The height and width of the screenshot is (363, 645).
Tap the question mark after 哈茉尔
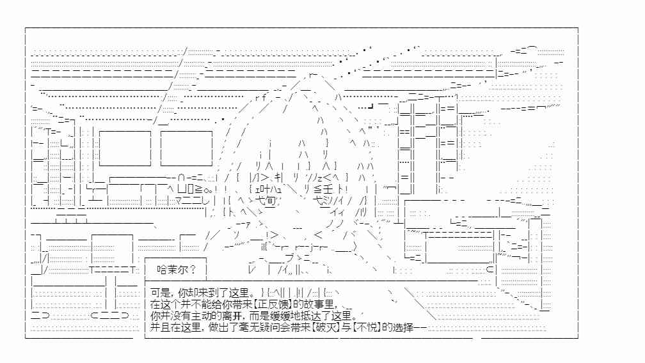tap(193, 270)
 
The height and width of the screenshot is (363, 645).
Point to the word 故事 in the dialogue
tap(313, 304)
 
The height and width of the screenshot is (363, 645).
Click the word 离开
tap(232, 316)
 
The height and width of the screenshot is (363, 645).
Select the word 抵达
tap(310, 316)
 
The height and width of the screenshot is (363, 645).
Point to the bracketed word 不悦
tap(367, 327)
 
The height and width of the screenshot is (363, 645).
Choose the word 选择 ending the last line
tap(402, 327)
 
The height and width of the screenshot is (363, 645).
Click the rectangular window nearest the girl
tap(186, 148)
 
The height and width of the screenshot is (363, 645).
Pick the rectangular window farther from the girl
tap(125, 148)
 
